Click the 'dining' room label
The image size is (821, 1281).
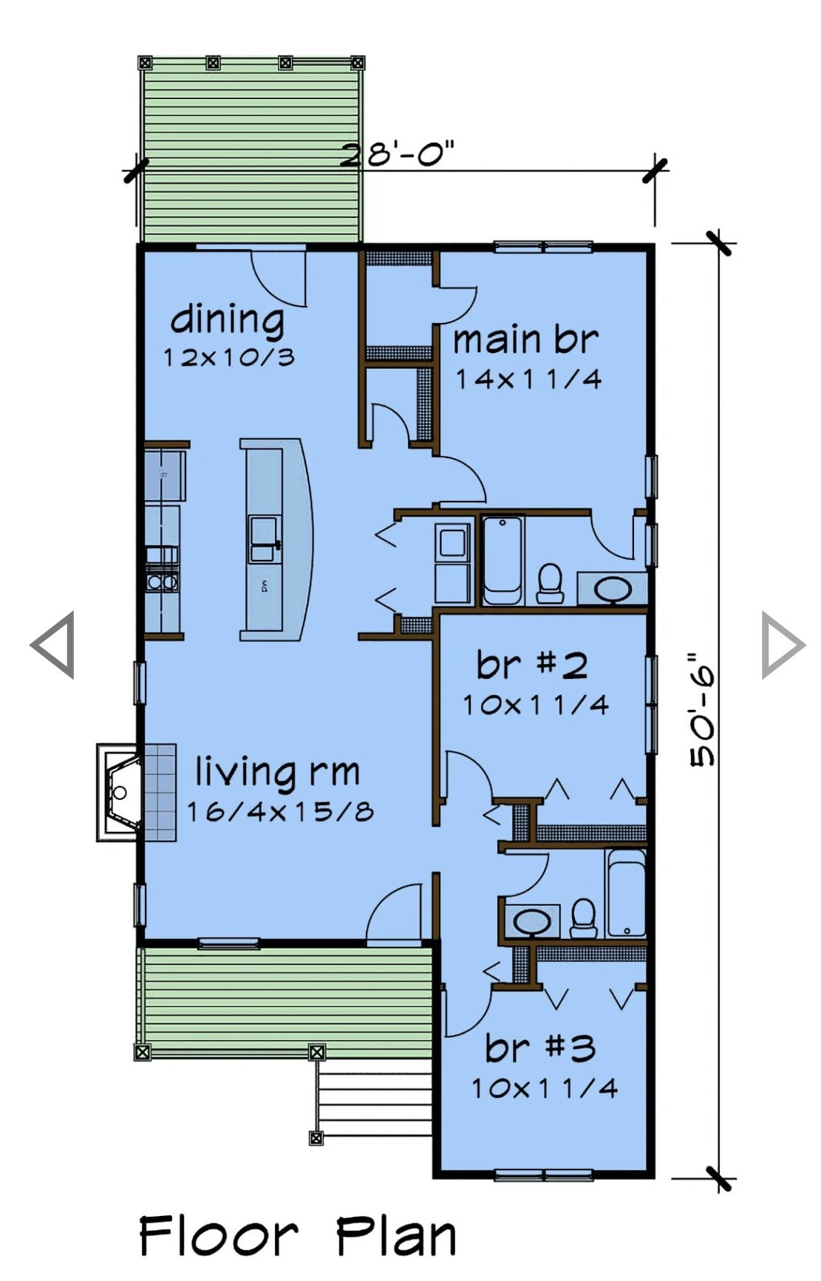pos(228,321)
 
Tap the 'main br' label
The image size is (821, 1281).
pos(525,340)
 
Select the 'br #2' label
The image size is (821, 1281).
pos(532,665)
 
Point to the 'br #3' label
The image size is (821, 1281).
pos(540,1048)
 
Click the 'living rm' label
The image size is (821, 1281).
pos(278,772)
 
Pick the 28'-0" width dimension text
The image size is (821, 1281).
pos(397,155)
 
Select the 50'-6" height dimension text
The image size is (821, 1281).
pos(703,709)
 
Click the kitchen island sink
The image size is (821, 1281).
pos(264,540)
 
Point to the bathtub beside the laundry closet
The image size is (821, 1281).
pos(503,561)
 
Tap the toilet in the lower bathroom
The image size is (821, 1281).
pos(584,918)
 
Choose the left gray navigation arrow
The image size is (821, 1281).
pos(53,645)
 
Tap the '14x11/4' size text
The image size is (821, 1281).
pos(528,379)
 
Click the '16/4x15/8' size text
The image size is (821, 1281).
pos(280,812)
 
